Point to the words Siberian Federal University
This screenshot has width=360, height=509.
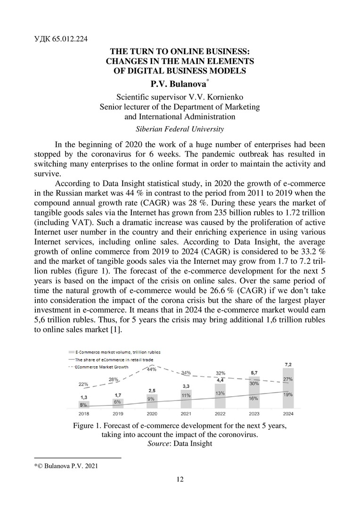pyautogui.click(x=180, y=128)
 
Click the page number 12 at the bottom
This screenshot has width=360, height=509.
pyautogui.click(x=180, y=479)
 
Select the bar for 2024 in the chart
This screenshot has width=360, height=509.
pyautogui.click(x=288, y=388)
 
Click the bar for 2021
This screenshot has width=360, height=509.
pyautogui.click(x=186, y=399)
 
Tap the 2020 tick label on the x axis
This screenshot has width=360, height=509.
pyautogui.click(x=152, y=413)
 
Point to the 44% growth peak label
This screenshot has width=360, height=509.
pyautogui.click(x=151, y=369)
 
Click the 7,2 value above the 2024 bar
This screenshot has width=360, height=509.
pyautogui.click(x=288, y=365)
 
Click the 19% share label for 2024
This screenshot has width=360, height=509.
pyautogui.click(x=288, y=394)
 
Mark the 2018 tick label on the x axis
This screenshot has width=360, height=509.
pyautogui.click(x=84, y=413)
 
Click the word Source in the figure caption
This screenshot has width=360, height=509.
pyautogui.click(x=158, y=443)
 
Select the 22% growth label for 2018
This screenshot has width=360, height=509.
pyautogui.click(x=83, y=384)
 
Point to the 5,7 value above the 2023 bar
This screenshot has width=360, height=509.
pyautogui.click(x=254, y=373)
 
